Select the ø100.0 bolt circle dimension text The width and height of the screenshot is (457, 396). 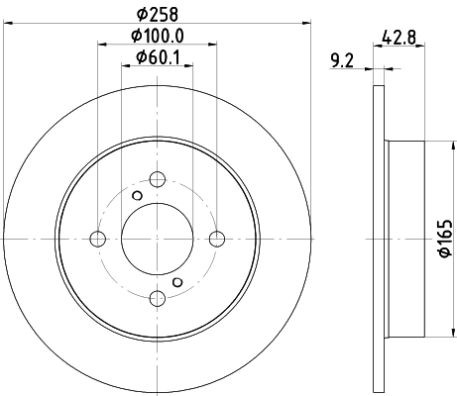(x=158, y=38)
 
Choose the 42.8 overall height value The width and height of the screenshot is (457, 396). (x=398, y=40)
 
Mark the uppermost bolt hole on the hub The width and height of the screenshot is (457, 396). (x=158, y=179)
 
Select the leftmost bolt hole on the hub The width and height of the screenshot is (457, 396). (x=98, y=239)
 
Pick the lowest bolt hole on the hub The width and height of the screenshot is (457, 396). (x=158, y=297)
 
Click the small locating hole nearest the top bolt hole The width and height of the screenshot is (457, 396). (x=138, y=195)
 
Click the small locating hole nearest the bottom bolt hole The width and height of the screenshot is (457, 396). (x=177, y=282)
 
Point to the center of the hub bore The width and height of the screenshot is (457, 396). (x=158, y=239)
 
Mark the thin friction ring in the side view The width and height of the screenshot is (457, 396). (x=378, y=239)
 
